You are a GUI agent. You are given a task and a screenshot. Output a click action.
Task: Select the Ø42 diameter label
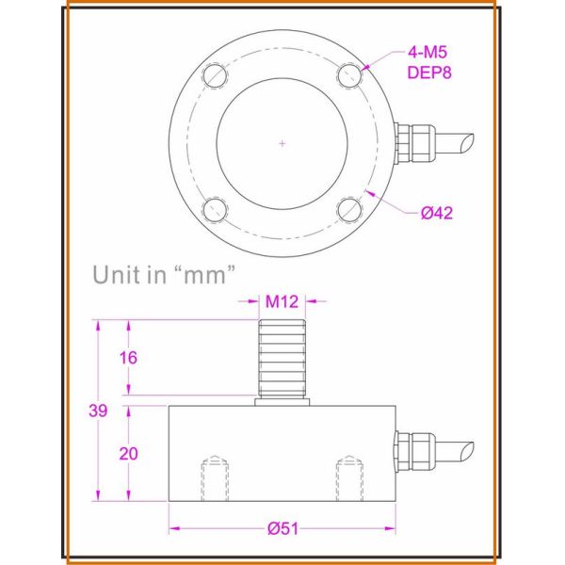[437, 213]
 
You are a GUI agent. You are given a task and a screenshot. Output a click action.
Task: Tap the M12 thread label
[282, 301]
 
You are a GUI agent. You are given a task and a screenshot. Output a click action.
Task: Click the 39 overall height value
[97, 411]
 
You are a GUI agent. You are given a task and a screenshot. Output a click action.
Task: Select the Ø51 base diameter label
[282, 528]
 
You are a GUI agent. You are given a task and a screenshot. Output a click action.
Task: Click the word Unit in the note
[120, 275]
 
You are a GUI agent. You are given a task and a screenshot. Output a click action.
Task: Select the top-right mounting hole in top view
[349, 73]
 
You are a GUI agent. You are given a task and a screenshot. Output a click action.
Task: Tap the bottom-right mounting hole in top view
[349, 208]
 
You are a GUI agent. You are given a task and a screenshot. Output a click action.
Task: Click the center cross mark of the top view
[282, 142]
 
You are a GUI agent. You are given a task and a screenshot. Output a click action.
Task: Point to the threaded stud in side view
[282, 358]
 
